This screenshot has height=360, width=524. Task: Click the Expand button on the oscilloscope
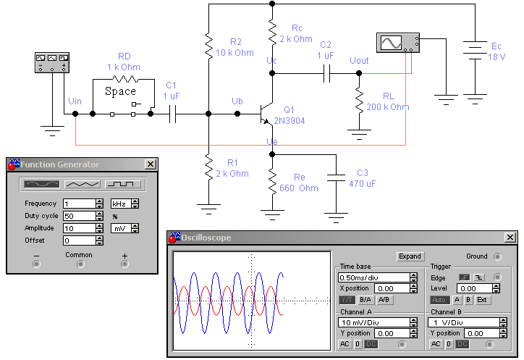tap(410, 256)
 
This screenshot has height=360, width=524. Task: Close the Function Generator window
tap(151, 164)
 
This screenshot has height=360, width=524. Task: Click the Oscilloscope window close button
tap(510, 237)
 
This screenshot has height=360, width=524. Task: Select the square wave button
tap(123, 184)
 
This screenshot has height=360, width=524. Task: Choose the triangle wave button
tap(83, 184)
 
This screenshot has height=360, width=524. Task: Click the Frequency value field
tap(80, 204)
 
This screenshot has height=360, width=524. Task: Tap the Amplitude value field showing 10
tap(80, 228)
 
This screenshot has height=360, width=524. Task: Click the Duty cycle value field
tap(80, 216)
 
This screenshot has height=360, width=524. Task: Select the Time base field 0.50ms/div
tap(374, 277)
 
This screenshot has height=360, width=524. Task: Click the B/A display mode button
tap(365, 300)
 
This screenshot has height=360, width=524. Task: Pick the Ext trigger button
tap(482, 300)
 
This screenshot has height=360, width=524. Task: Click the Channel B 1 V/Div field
tap(464, 322)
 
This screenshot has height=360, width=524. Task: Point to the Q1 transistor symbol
tap(266, 114)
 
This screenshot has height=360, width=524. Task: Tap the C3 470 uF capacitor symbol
tap(337, 177)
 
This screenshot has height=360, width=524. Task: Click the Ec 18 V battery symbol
tap(475, 50)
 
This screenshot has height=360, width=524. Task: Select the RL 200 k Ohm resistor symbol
tap(359, 100)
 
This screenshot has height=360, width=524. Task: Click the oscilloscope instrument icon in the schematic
tap(397, 43)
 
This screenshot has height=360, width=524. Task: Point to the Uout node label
tap(359, 61)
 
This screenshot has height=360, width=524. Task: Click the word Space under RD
tap(120, 91)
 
